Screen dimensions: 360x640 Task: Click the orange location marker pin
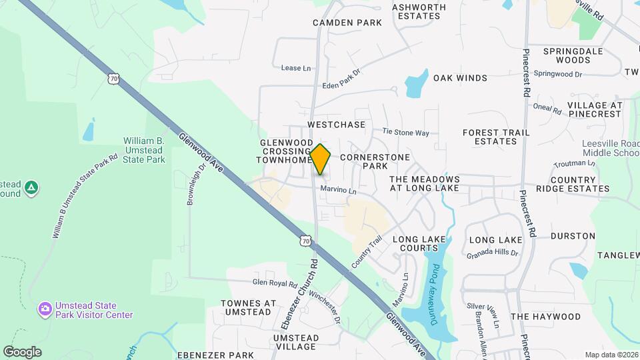[320, 159]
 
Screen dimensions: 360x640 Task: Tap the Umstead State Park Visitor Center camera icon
[45, 308]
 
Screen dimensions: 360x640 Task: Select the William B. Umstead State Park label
[143, 150]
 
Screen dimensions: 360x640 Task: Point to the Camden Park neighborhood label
[347, 23]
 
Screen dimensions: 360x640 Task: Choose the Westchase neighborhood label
[337, 125]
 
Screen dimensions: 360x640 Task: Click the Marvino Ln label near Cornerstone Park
[339, 191]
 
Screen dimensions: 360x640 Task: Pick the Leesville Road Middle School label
[611, 148]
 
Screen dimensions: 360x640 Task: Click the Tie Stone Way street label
[405, 133]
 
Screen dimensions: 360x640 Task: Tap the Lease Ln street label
[296, 68]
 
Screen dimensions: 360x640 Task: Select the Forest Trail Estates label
[496, 137]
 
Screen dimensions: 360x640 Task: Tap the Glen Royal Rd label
[274, 283]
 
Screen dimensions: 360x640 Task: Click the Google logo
[22, 351]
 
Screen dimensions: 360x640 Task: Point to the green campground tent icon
[31, 189]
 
